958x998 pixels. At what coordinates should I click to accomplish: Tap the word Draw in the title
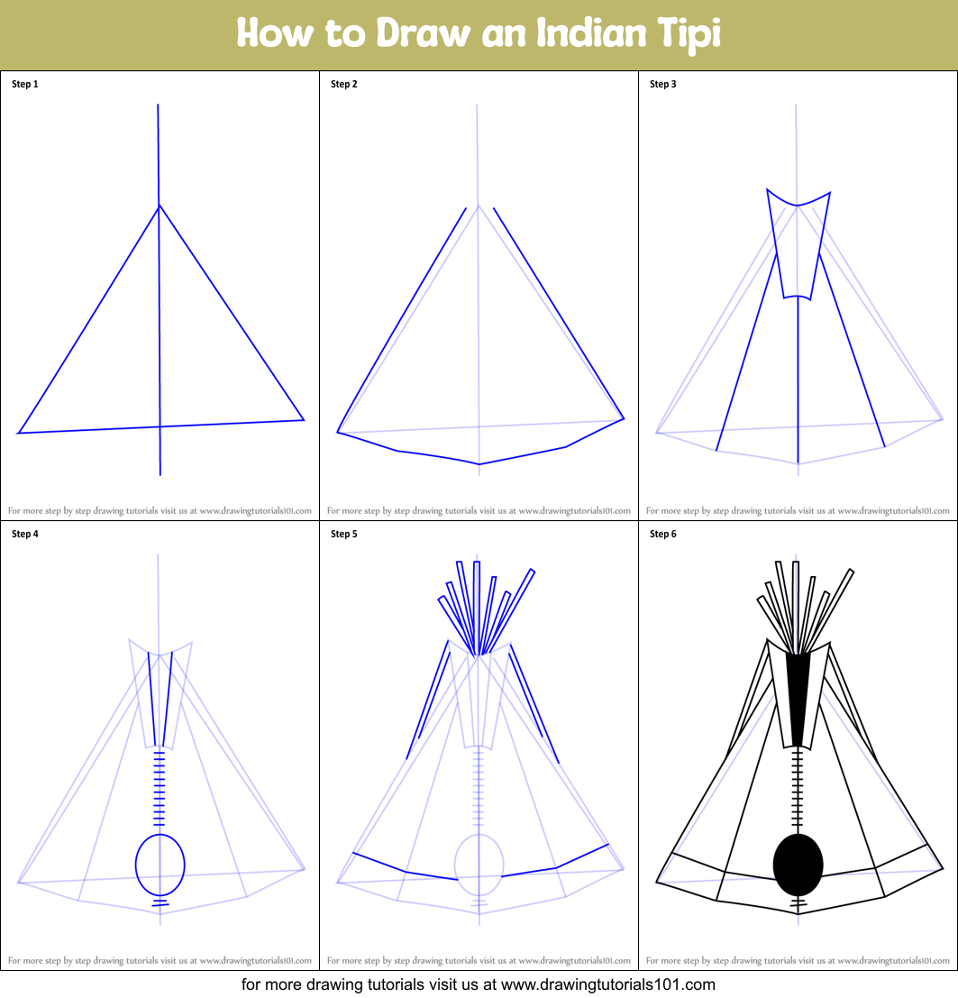[x=423, y=32]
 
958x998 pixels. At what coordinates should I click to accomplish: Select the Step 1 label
[x=25, y=84]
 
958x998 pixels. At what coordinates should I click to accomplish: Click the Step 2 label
[x=344, y=84]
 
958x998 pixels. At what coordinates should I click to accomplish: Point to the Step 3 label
[x=662, y=84]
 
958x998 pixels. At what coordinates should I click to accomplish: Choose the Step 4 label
[x=25, y=534]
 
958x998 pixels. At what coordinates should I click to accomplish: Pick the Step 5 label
[x=344, y=534]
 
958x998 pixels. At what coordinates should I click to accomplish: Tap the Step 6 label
[x=662, y=534]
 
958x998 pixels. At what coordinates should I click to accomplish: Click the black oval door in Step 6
[x=798, y=865]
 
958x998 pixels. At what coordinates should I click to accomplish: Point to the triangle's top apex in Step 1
[x=159, y=206]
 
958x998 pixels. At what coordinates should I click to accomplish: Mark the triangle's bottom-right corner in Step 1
[x=304, y=420]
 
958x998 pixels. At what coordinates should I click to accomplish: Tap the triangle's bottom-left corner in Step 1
[x=18, y=434]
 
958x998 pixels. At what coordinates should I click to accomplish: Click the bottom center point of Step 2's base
[x=479, y=464]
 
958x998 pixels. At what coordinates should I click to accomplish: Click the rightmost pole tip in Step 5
[x=533, y=571]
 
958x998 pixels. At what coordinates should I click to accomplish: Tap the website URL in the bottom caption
[x=608, y=984]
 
